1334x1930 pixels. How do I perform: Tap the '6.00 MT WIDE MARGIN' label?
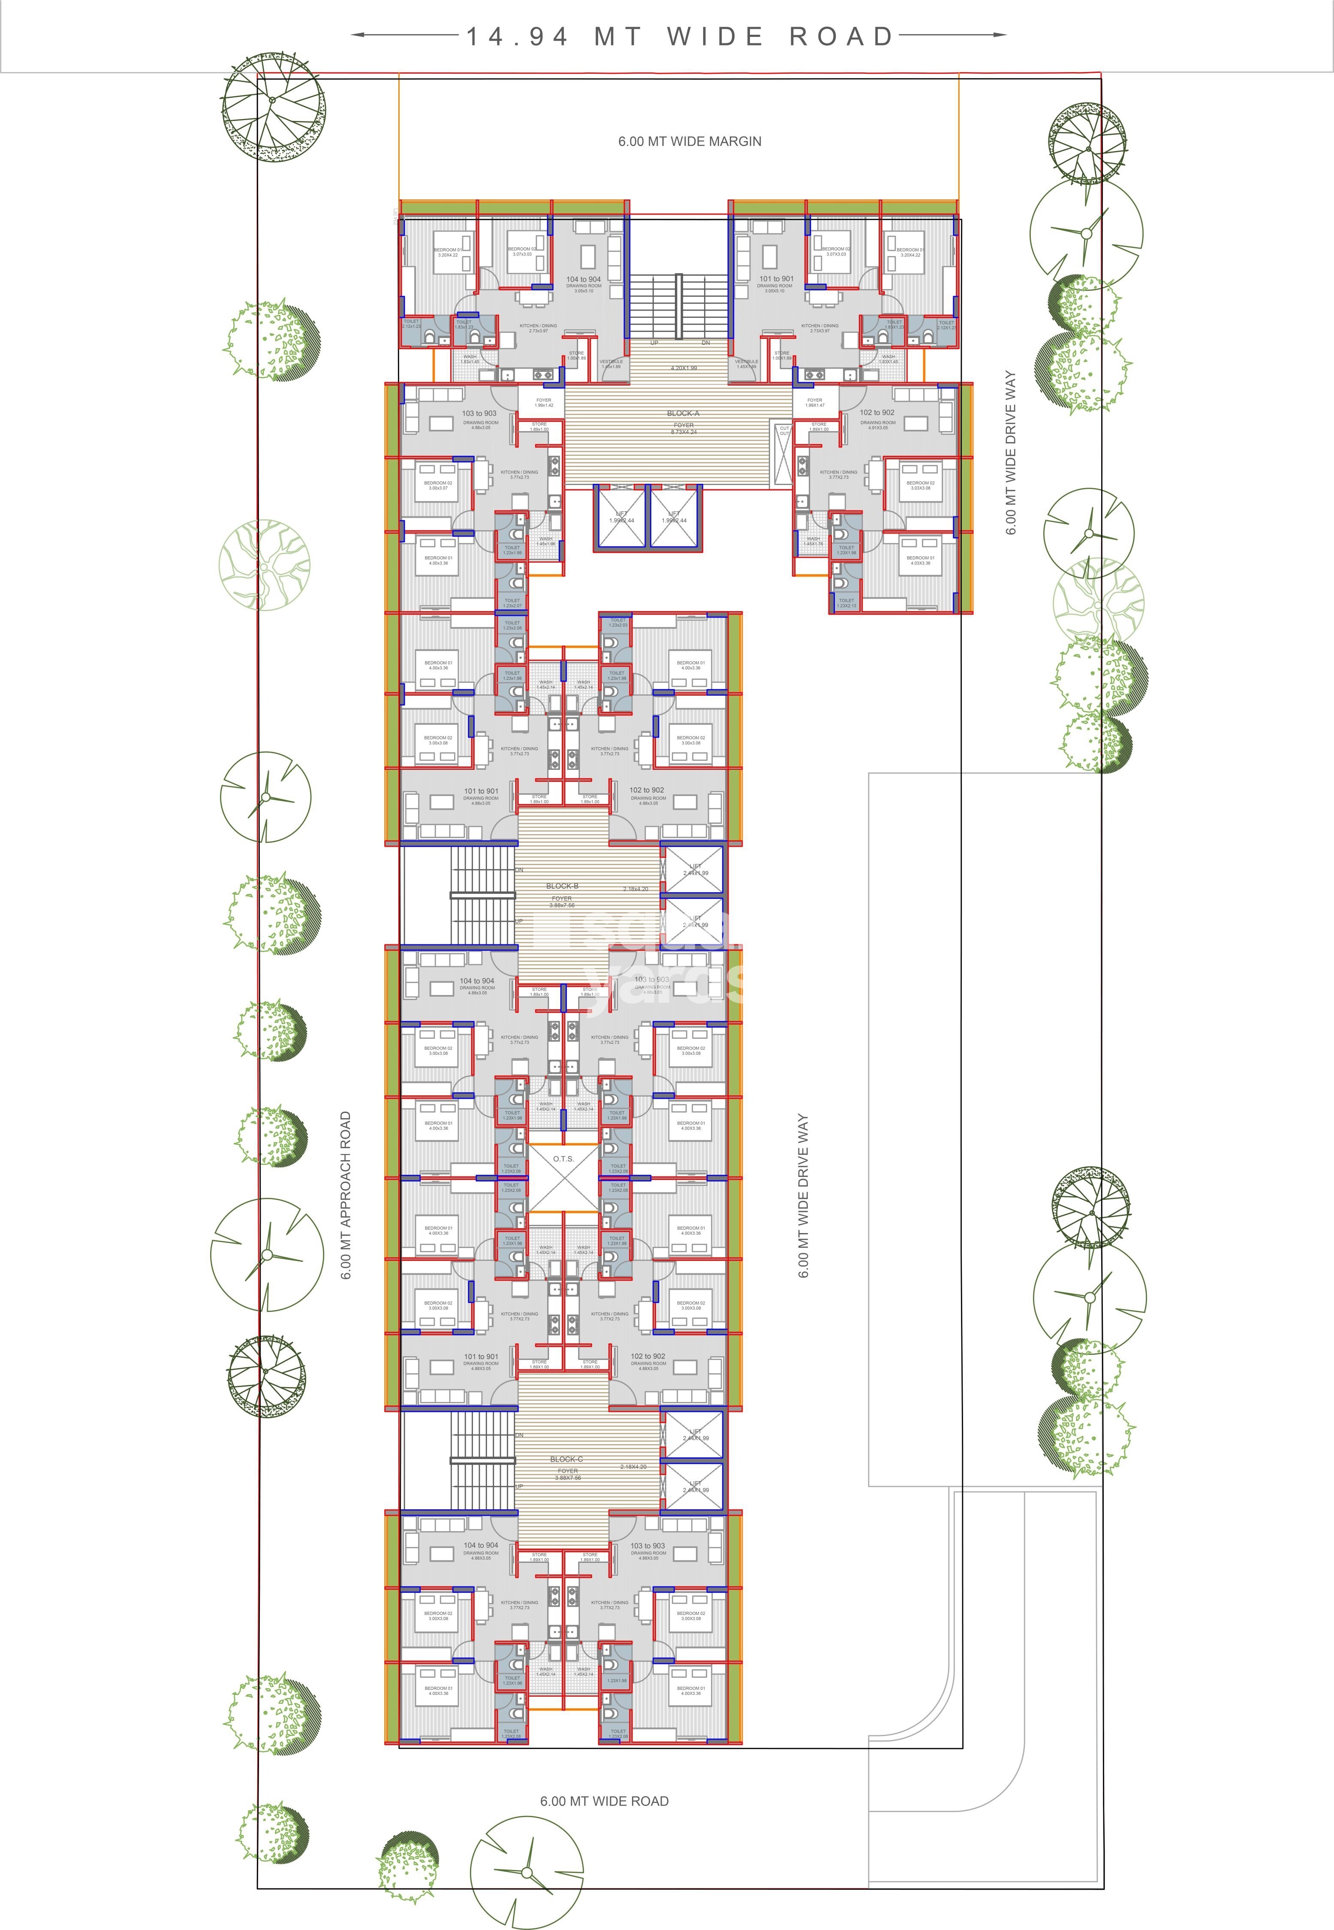690,141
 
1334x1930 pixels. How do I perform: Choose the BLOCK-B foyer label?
562,886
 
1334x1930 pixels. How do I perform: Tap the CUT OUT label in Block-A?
784,431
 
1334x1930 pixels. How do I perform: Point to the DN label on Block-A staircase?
705,343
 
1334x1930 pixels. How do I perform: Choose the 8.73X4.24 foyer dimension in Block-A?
683,432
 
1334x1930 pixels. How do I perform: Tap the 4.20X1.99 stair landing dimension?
683,368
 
